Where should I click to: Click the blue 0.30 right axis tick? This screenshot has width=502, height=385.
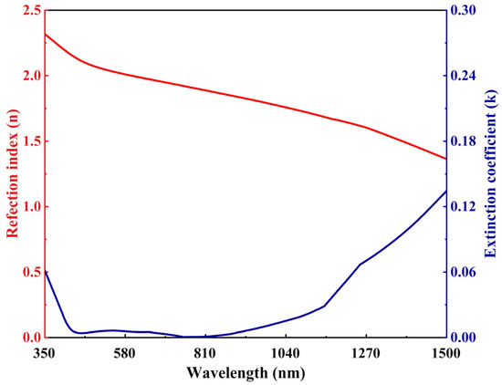pos(465,10)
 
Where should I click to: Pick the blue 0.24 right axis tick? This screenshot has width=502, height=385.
pos(465,76)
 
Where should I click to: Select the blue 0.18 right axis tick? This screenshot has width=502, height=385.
pos(465,141)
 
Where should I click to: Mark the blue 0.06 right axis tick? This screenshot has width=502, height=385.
pos(465,273)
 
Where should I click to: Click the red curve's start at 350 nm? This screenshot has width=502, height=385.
pos(45,34)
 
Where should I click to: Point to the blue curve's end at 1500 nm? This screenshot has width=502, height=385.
pos(445,191)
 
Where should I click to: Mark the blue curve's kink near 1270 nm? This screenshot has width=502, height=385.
pos(360,264)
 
